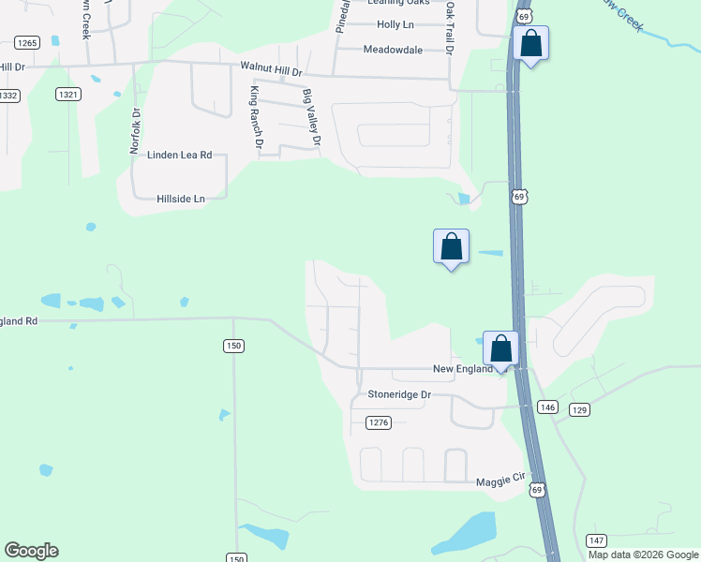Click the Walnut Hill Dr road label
pos(272,69)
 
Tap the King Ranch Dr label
pos(255,116)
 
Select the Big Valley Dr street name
pos(311,119)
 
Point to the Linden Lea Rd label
pos(180,155)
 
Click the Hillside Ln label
pos(181,199)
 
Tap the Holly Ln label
pos(395,24)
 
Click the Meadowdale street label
pos(393,50)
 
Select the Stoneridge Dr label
pos(399,394)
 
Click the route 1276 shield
pos(378,423)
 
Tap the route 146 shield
pos(548,407)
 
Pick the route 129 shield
pos(579,410)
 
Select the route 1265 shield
pos(26,42)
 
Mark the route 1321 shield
pos(67,94)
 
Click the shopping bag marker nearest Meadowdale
pos(530,44)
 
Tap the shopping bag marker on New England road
pos(501,348)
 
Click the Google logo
pos(31,551)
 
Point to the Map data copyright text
pos(642,555)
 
